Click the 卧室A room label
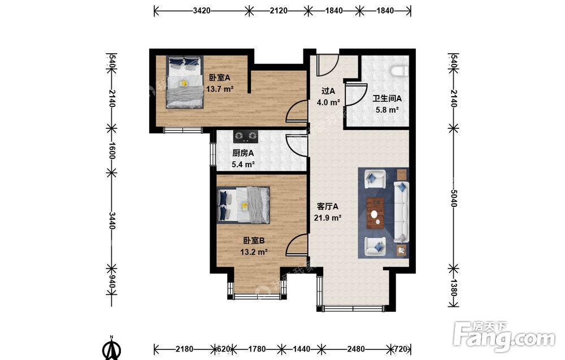(219, 77)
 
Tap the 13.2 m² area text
(254, 252)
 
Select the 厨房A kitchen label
(243, 153)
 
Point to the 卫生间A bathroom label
(387, 98)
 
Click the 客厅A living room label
(327, 206)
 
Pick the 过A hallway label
(328, 90)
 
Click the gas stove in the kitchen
(246, 135)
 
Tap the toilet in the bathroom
(400, 71)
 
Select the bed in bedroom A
(185, 82)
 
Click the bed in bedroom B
(244, 205)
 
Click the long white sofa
(401, 212)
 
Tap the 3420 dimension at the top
(202, 11)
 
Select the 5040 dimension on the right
(454, 198)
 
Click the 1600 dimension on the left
(112, 151)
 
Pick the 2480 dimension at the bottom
(355, 349)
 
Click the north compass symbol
(112, 348)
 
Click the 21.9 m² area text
(328, 218)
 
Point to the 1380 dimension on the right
(454, 287)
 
